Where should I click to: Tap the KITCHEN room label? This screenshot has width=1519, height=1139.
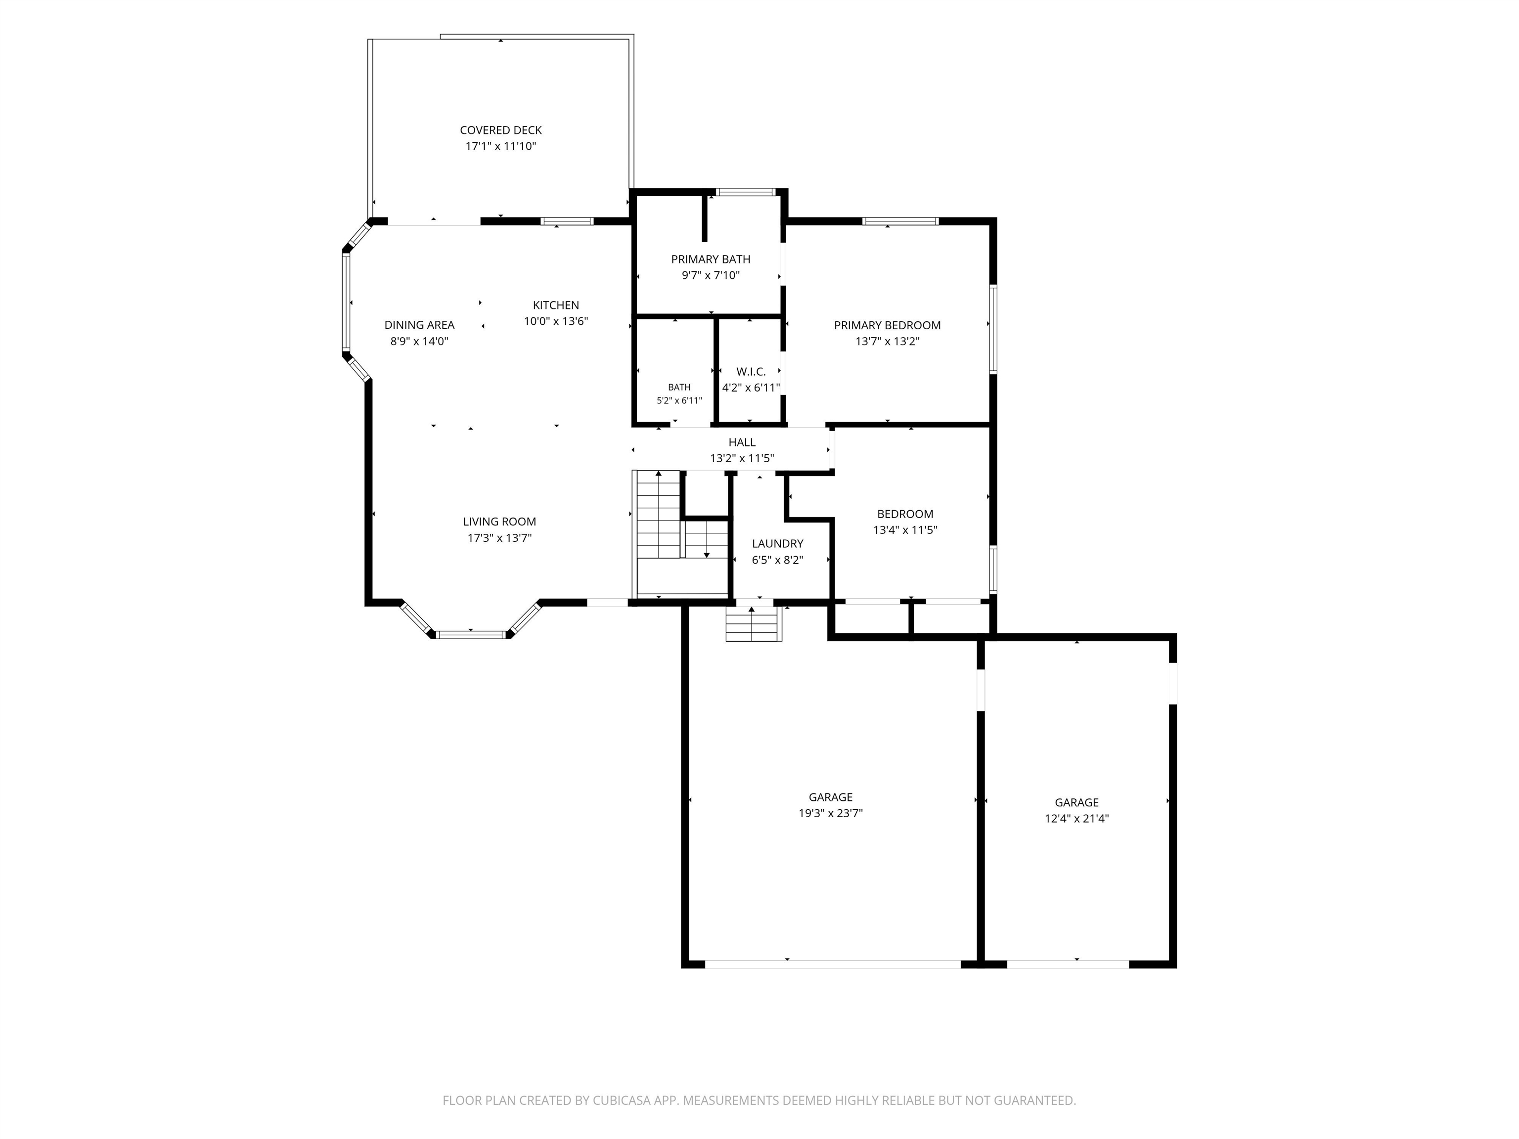pyautogui.click(x=556, y=306)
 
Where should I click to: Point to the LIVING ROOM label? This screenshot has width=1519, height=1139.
pyautogui.click(x=499, y=522)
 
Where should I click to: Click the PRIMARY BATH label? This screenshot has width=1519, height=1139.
pyautogui.click(x=711, y=260)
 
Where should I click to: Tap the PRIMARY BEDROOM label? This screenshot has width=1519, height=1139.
pyautogui.click(x=887, y=325)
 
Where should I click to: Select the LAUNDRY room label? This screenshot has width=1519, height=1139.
pyautogui.click(x=777, y=544)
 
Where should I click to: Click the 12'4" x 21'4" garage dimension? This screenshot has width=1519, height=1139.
pyautogui.click(x=1077, y=818)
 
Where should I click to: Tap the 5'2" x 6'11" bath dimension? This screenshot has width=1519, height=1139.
pyautogui.click(x=679, y=401)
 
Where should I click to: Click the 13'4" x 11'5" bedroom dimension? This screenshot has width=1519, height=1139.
pyautogui.click(x=905, y=530)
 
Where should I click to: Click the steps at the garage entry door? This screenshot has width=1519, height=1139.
pyautogui.click(x=754, y=625)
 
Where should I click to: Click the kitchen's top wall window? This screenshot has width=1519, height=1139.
pyautogui.click(x=567, y=221)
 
